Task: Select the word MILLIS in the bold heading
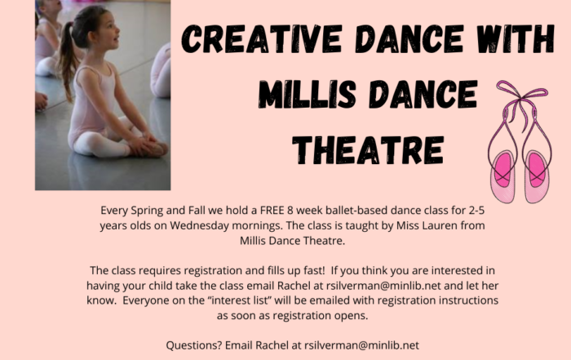307,94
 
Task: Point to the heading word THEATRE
368,149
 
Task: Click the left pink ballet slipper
503,176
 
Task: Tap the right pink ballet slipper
537,176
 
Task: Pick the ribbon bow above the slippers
521,96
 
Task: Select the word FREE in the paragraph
272,211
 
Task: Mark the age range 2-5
476,211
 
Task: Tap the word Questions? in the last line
194,345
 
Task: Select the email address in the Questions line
361,345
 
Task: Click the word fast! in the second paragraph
314,270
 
